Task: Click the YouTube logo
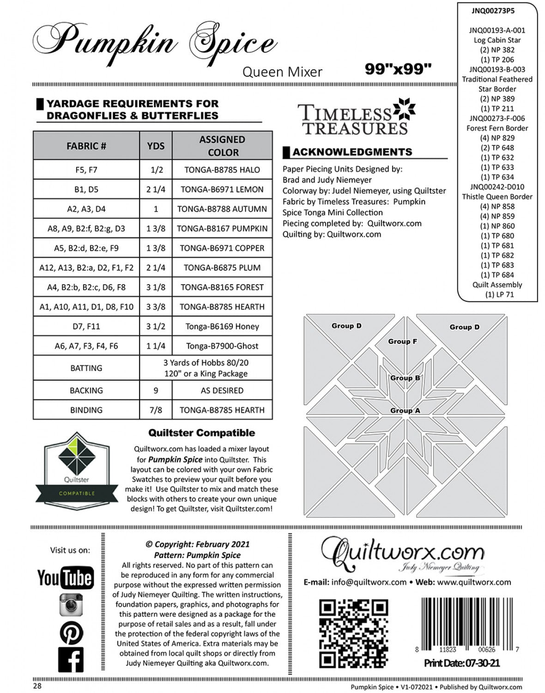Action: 65,577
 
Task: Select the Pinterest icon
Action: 71,632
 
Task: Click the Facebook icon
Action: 71,659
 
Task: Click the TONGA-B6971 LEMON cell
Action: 222,189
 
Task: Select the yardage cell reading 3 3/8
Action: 156,307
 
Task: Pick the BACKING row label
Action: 86,390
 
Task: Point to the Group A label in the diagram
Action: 405,410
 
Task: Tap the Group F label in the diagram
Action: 402,341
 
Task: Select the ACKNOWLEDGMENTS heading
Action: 352,152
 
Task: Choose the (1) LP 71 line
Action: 497,294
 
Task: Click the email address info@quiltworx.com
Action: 369,582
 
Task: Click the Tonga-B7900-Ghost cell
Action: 222,346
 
